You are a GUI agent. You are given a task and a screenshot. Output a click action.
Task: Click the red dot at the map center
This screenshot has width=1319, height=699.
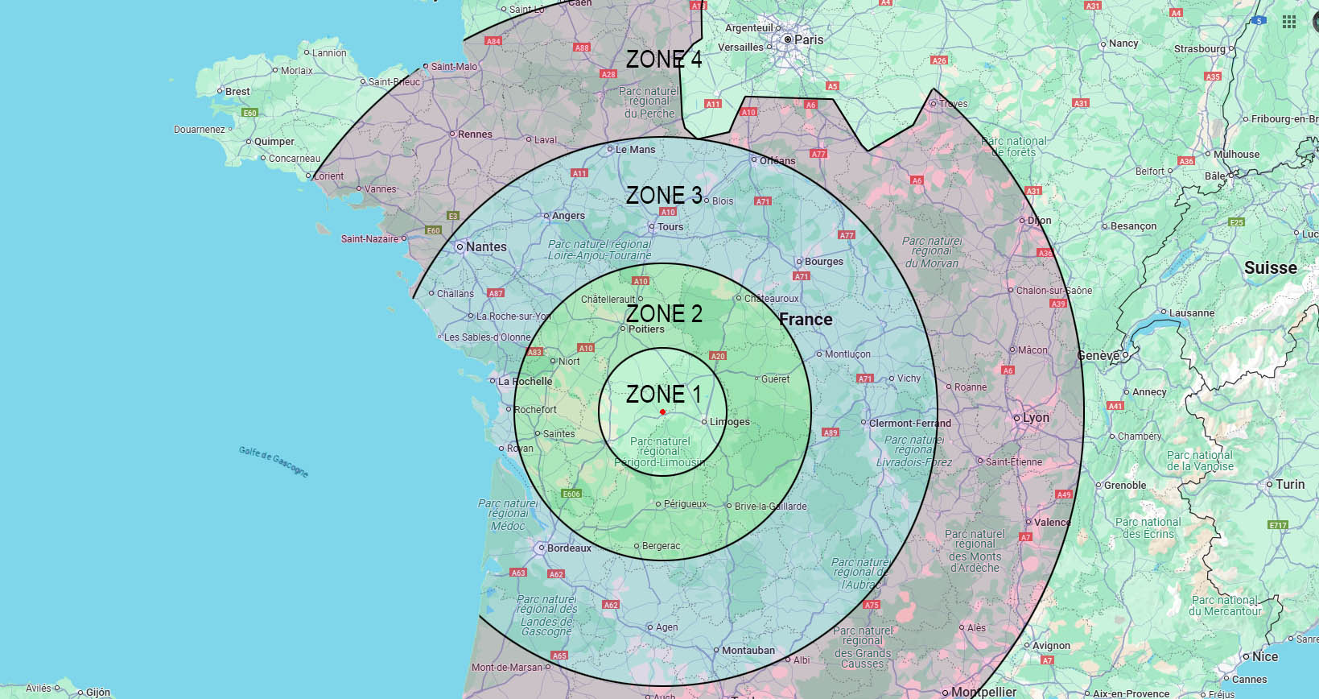[x=662, y=412]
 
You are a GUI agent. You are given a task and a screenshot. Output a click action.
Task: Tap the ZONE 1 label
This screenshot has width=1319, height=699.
[x=664, y=394]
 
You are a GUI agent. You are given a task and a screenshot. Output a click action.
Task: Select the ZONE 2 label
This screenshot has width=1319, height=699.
[x=664, y=313]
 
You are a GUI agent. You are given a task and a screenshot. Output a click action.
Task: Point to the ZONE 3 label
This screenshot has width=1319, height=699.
[x=664, y=195]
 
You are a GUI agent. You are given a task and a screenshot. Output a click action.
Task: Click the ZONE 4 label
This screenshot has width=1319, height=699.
[x=664, y=59]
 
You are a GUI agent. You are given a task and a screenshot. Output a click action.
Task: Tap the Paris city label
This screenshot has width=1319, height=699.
[x=808, y=39]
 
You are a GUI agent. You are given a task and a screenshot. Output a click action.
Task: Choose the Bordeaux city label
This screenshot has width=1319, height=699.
[x=569, y=548]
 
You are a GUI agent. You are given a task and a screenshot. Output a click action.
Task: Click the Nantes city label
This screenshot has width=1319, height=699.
[x=486, y=246]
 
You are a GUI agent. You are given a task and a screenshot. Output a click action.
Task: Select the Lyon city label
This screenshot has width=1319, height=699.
[x=1036, y=418]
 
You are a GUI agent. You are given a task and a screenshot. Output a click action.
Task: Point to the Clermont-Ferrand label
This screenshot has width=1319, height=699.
[x=909, y=423]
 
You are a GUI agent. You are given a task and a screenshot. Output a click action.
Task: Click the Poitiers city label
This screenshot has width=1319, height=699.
[x=646, y=329]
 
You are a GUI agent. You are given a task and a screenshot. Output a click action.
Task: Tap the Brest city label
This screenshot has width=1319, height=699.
[x=237, y=92]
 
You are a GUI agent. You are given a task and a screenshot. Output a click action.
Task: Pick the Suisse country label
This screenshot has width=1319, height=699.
[x=1270, y=267]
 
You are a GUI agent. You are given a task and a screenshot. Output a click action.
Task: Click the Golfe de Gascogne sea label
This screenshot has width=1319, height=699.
[x=274, y=461]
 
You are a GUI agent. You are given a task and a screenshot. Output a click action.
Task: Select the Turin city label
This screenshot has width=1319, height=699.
[x=1290, y=484]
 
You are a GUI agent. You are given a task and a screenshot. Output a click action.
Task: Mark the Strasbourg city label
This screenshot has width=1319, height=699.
[x=1199, y=49]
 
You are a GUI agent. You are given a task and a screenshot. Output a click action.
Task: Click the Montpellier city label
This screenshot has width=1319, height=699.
[x=983, y=692]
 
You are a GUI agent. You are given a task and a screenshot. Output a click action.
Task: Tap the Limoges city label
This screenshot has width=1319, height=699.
[x=730, y=422]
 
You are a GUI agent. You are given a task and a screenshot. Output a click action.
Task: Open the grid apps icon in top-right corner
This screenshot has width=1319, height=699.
[x=1289, y=21]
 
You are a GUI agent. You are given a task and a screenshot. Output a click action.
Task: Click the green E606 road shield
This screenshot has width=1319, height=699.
[x=571, y=494]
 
